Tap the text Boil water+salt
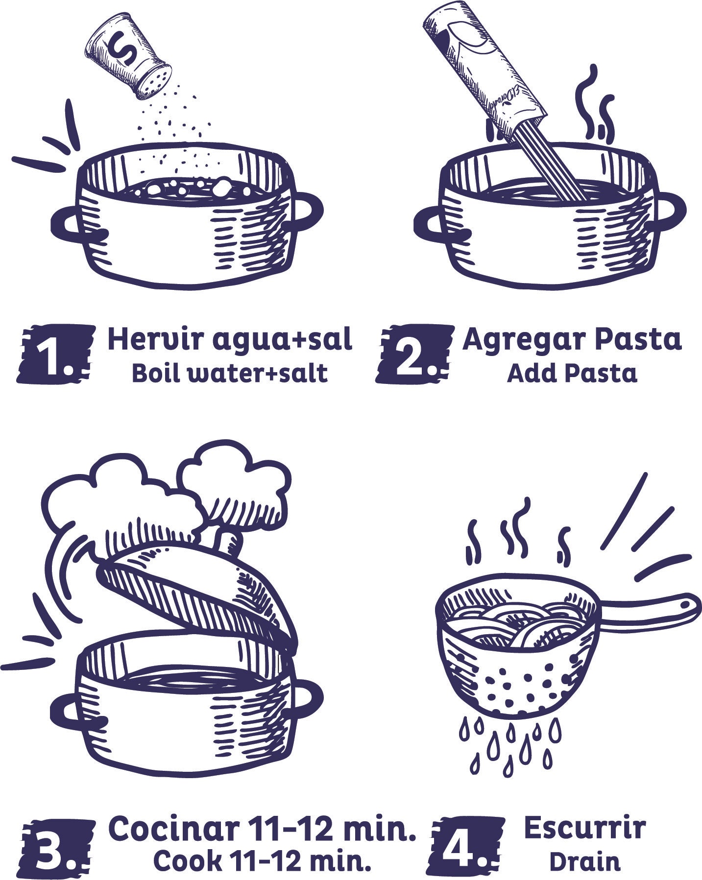(229, 374)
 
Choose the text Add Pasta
(572, 374)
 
